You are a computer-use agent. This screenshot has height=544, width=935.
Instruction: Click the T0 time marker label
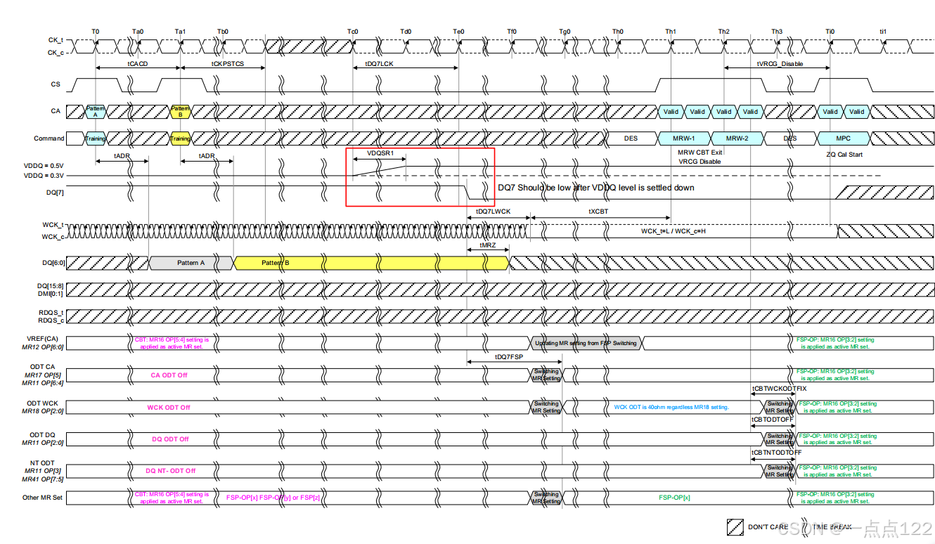[x=96, y=32]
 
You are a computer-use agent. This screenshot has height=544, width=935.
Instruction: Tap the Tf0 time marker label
[x=512, y=32]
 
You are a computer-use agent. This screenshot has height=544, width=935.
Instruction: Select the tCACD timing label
[x=138, y=63]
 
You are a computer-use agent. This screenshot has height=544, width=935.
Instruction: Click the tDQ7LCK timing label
[x=380, y=63]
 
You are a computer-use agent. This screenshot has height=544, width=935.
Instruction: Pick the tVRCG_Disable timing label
[x=780, y=63]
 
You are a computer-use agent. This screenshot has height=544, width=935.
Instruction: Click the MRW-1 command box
[x=685, y=138]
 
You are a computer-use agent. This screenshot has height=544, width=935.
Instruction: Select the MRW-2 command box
[x=737, y=138]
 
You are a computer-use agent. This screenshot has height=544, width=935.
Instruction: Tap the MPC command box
[x=843, y=138]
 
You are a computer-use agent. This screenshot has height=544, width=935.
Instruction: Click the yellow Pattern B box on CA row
[x=181, y=111]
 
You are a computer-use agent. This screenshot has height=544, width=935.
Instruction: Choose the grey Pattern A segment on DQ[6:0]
[x=191, y=263]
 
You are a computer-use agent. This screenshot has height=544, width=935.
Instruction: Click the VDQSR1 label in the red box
[x=380, y=153]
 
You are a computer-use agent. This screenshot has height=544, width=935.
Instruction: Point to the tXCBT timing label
[x=598, y=211]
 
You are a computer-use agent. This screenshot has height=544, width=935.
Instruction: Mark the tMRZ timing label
[x=488, y=245]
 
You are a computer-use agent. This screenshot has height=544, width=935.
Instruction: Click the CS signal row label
[x=56, y=84]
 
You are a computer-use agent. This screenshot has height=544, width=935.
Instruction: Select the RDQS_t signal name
[x=51, y=312]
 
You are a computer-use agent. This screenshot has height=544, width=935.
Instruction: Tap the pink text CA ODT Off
[x=169, y=375]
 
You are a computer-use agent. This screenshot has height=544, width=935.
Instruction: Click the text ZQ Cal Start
[x=844, y=155]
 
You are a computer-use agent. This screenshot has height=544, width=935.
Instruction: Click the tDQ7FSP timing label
[x=509, y=357]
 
